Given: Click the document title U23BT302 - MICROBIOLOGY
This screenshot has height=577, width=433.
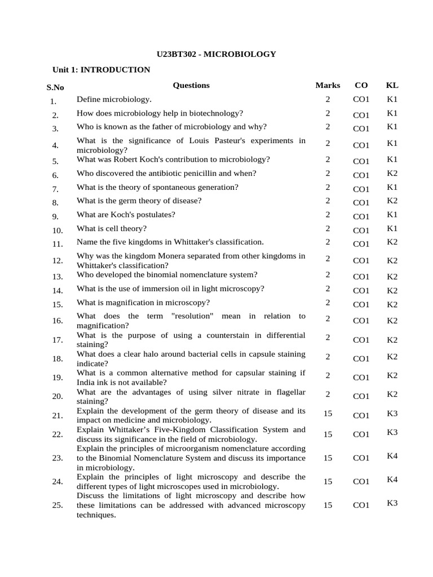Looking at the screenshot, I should pos(216,54).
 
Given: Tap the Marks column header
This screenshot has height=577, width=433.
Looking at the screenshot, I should pos(328,85).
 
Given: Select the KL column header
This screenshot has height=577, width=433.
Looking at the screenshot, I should pos(392,85).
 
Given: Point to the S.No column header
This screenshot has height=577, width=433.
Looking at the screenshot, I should pos(55,87).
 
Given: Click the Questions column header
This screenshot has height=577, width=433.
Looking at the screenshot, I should pos(191,85).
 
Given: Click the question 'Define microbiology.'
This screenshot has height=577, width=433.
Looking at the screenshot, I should pos(114,99).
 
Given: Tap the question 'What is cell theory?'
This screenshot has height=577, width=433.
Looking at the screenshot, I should pos(112,228).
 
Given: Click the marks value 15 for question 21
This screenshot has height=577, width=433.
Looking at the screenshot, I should pos(328,413).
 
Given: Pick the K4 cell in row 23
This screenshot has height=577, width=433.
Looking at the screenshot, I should pos(392,455).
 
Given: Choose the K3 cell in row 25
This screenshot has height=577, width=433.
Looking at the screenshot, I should pos(392,503).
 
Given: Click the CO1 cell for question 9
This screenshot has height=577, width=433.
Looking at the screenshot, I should pos(361,216).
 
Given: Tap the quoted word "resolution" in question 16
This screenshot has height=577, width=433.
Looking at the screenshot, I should pos(192,316).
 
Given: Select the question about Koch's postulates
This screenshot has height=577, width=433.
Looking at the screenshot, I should pos(126,214).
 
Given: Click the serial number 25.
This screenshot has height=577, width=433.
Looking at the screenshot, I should pos(58,505).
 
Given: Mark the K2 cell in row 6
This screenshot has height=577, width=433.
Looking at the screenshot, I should pos(392,173).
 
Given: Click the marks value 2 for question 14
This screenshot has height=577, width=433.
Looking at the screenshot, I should pos(328,288).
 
